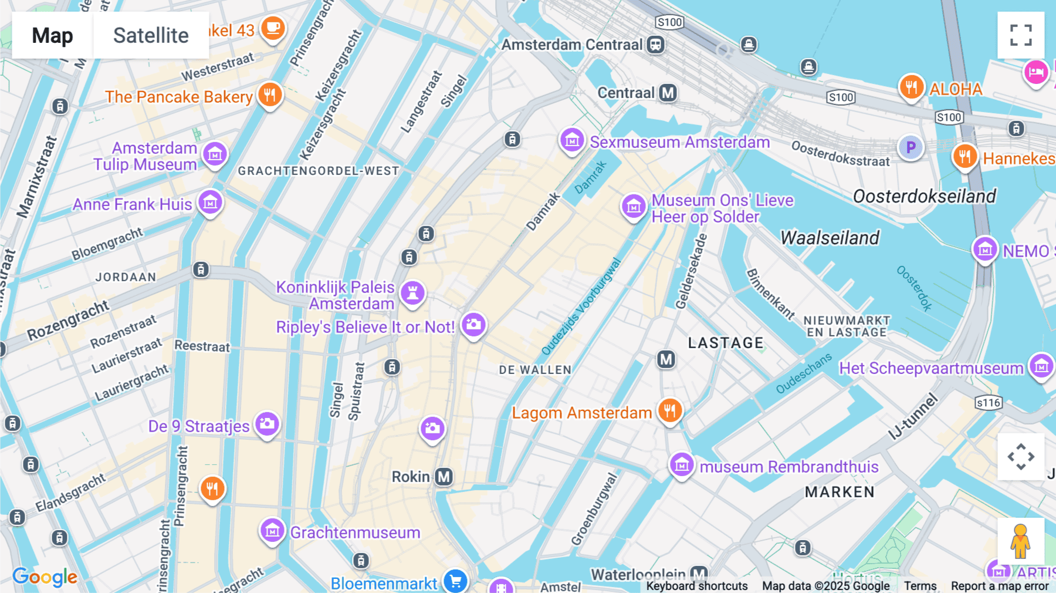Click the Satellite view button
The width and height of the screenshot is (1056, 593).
[x=151, y=35]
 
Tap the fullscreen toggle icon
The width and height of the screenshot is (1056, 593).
[x=1021, y=35]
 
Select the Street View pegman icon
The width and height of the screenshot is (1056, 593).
[x=1020, y=541]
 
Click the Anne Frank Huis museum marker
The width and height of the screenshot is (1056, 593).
[x=210, y=203]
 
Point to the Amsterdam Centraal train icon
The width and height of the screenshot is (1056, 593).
[x=655, y=45]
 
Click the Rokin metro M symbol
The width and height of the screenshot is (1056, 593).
[x=444, y=477]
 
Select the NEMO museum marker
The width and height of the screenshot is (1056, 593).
[x=985, y=250]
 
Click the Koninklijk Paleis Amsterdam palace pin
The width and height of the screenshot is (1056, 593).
[x=412, y=292]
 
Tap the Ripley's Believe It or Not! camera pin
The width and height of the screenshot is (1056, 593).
[x=473, y=325]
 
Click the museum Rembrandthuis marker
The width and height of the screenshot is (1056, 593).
[x=682, y=465]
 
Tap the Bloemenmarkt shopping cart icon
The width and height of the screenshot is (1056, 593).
[x=455, y=581]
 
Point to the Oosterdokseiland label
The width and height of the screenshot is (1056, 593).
[x=924, y=196]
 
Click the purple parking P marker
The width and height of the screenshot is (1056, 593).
[x=911, y=147]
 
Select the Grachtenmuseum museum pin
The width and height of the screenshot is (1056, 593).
[x=272, y=531]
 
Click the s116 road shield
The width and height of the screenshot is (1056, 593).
[x=989, y=403]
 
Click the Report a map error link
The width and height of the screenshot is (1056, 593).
[x=1000, y=586]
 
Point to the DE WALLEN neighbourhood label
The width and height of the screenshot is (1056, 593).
[x=535, y=370]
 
